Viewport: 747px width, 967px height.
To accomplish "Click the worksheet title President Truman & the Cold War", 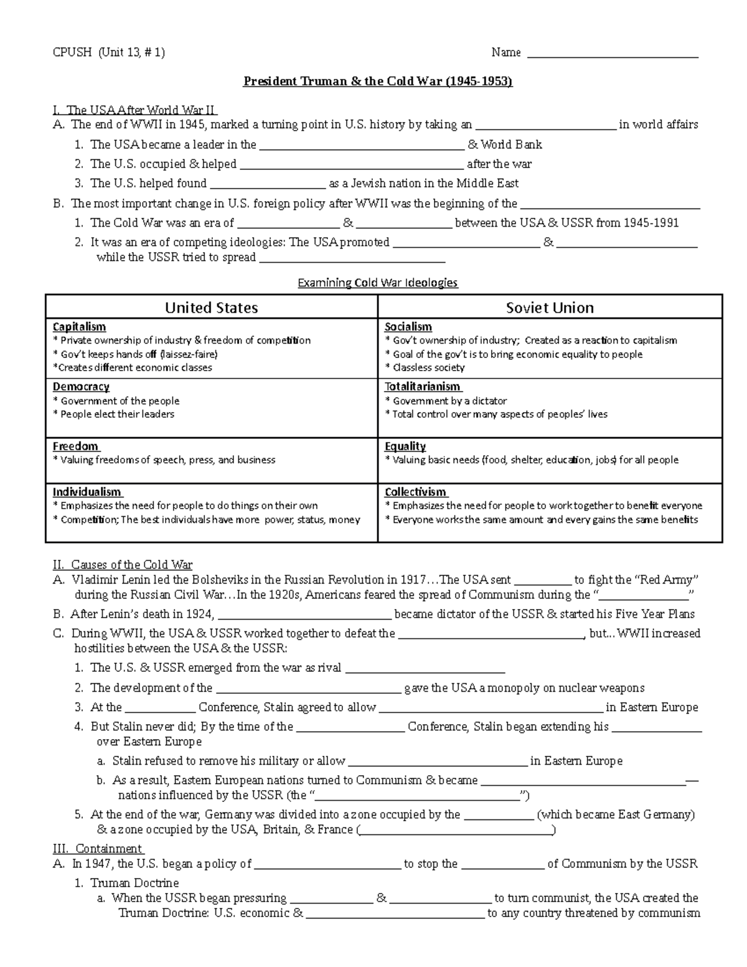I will [x=377, y=82].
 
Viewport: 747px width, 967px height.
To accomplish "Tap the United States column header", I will [x=211, y=308].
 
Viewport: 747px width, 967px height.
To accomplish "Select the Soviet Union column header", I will [x=550, y=308].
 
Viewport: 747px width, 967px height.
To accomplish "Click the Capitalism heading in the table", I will [x=79, y=327].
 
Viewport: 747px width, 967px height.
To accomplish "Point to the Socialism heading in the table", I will [x=408, y=327].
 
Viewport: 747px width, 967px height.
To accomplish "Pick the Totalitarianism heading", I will [x=423, y=387].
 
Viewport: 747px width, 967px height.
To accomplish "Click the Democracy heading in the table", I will [x=81, y=387].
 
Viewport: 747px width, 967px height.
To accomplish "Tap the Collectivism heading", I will [x=415, y=492].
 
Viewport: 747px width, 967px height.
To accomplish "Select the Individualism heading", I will [x=87, y=492].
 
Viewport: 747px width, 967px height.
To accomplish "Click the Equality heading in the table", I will [x=405, y=446].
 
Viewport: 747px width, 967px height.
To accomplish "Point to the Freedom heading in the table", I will [x=75, y=446].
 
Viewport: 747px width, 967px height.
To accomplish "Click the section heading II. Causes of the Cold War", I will [x=123, y=565].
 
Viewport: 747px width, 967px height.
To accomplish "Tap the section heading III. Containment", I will [x=98, y=849].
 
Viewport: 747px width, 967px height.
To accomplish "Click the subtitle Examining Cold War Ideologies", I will [x=377, y=283].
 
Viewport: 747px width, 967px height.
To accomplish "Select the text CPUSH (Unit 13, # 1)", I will [x=109, y=53].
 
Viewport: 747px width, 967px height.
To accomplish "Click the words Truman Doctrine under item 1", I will [x=134, y=883].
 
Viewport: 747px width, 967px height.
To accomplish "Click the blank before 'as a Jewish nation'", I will [x=268, y=184].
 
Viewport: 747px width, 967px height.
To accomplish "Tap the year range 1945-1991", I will [x=651, y=223].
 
